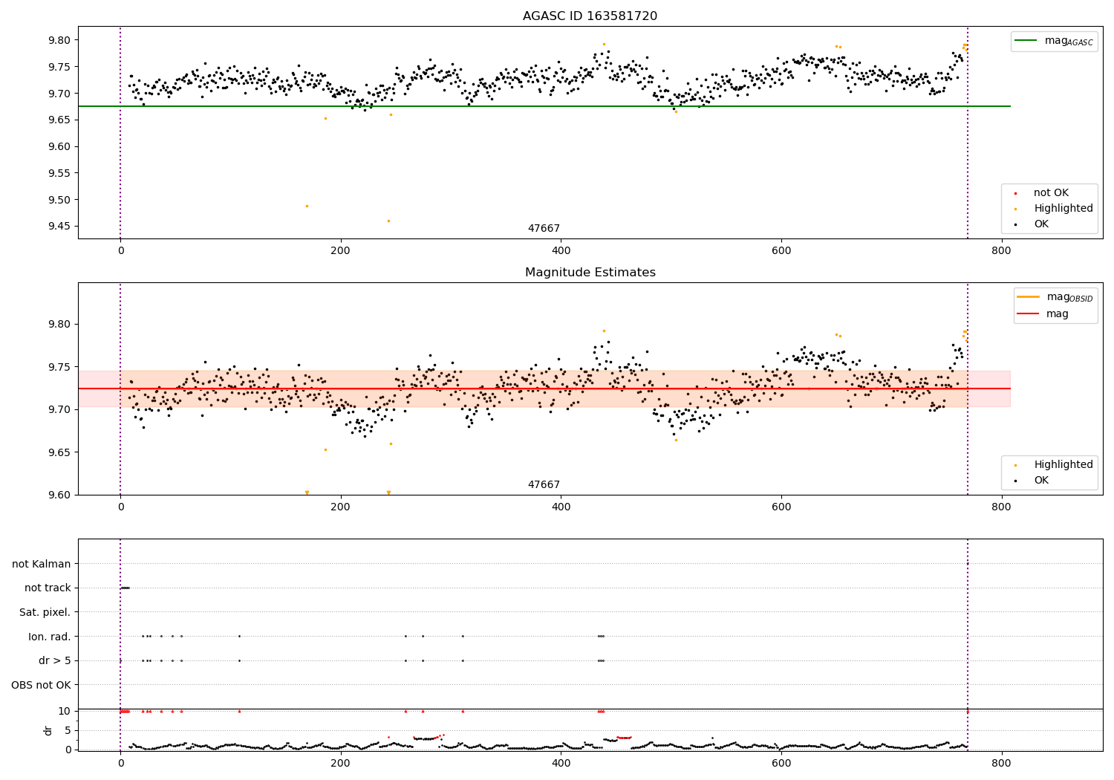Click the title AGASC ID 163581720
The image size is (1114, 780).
tap(590, 16)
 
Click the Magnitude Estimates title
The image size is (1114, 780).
tap(590, 273)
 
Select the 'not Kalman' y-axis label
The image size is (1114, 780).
tap(42, 564)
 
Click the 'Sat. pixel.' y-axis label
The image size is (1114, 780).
tap(45, 612)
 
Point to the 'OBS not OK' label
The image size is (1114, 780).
tap(41, 685)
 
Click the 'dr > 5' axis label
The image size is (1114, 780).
tap(54, 660)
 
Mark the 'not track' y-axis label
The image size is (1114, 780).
tap(48, 588)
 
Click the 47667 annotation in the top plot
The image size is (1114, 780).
tap(544, 229)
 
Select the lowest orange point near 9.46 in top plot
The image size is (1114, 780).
tap(388, 221)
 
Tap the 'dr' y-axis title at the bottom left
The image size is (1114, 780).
tap(48, 730)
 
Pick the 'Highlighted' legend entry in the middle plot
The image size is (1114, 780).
tap(1063, 464)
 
